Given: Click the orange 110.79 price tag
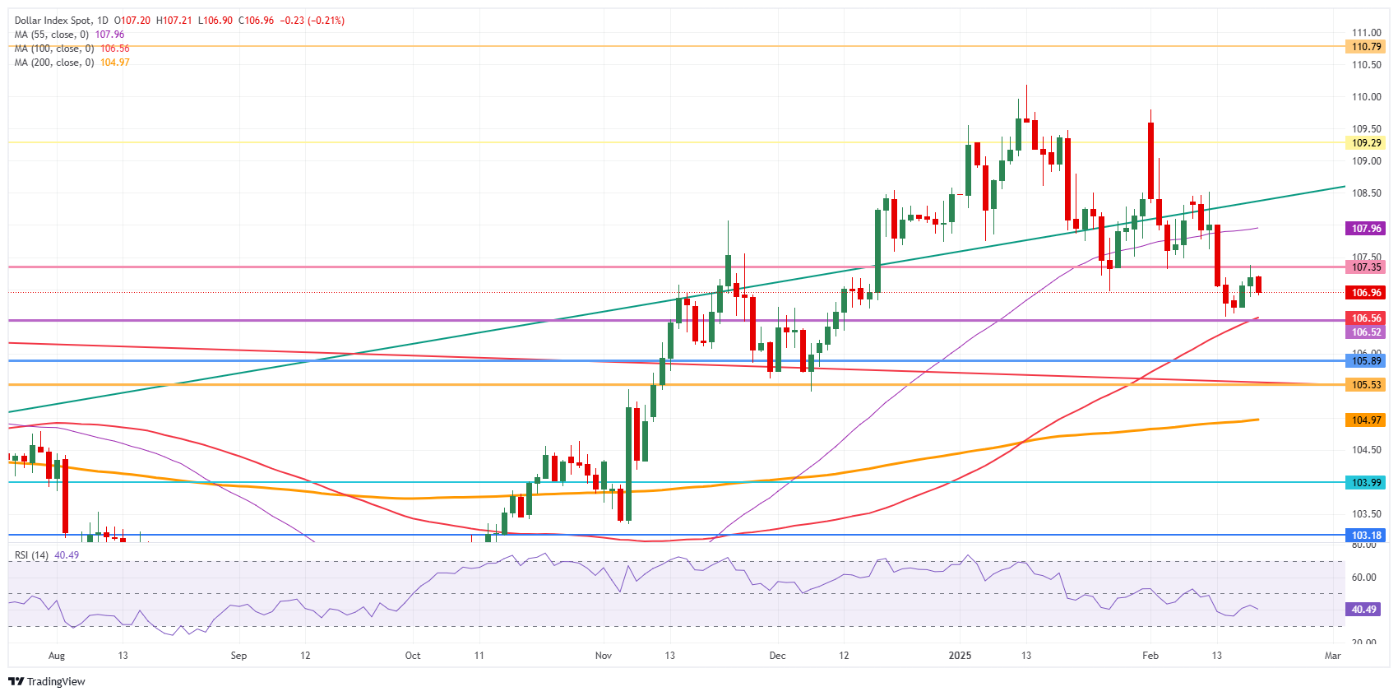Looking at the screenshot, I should click(x=1366, y=47).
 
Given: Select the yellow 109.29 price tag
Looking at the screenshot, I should click(x=1366, y=142).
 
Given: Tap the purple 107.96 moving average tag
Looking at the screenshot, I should click(x=1366, y=229).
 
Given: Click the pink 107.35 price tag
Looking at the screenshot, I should click(x=1366, y=267).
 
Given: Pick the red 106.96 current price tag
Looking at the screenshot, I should click(x=1366, y=293).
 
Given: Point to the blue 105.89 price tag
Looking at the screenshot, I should click(x=1366, y=361).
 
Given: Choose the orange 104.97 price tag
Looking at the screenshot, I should click(x=1366, y=420).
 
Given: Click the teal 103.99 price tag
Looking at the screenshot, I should click(x=1366, y=483).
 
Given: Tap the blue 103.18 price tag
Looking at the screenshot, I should click(x=1366, y=536).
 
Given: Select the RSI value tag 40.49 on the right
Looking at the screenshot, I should click(x=1363, y=610).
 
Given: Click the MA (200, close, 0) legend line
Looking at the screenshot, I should click(x=54, y=63).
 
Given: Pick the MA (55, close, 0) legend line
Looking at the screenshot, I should click(x=52, y=35).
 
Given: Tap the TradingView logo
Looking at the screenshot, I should click(x=47, y=681).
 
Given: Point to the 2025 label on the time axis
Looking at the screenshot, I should click(x=960, y=656).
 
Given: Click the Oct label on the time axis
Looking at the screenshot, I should click(x=413, y=656).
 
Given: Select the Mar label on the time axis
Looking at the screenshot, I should click(x=1332, y=656).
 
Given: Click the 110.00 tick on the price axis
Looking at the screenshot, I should click(x=1366, y=97).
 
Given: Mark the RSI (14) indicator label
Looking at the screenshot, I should click(x=32, y=555).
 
